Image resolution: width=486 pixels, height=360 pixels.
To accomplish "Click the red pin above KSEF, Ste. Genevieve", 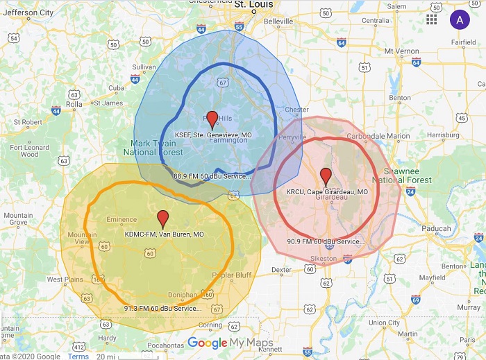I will click(x=212, y=119).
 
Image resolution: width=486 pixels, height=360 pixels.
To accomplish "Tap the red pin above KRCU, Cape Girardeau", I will click(x=326, y=176).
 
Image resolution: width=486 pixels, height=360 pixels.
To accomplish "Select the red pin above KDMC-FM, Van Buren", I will click(x=163, y=218).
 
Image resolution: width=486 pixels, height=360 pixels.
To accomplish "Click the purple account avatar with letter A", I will click(x=460, y=19).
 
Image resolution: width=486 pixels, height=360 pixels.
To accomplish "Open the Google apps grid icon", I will click(x=432, y=19).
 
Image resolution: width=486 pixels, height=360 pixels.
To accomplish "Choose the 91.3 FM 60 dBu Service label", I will click(x=163, y=308).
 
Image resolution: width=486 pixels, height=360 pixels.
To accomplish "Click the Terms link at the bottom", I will click(x=78, y=356).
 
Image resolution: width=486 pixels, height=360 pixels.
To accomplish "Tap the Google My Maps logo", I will click(x=231, y=343).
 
